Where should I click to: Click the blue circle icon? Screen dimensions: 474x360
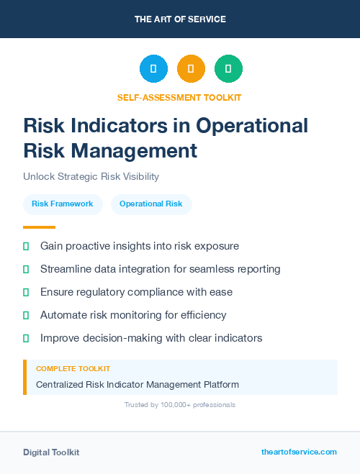coord(153,68)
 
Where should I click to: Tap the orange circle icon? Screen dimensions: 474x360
coord(191,68)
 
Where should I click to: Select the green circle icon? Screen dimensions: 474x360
coord(228,68)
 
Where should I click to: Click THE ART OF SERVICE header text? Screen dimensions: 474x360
coord(180,19)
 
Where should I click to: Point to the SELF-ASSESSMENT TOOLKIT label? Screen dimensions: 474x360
coord(179,97)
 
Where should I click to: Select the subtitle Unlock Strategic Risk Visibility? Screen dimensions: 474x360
coord(91,176)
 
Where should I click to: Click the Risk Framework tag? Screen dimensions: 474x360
coord(63,204)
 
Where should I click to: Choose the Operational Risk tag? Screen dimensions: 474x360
coord(151,204)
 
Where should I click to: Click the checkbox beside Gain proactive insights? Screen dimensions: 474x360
coord(26,246)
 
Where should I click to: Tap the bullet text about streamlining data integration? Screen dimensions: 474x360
coord(160,269)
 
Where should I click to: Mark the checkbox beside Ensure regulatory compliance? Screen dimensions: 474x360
coord(26,292)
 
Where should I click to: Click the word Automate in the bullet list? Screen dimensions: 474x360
coord(64,315)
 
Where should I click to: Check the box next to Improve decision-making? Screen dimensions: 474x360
coord(26,338)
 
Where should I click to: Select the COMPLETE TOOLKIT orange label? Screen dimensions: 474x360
coord(73,368)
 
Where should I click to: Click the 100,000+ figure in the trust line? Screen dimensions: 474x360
coord(172,405)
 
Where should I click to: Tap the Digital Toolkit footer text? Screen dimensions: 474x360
coord(51,452)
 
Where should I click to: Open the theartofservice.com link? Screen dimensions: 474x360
coord(299,452)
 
